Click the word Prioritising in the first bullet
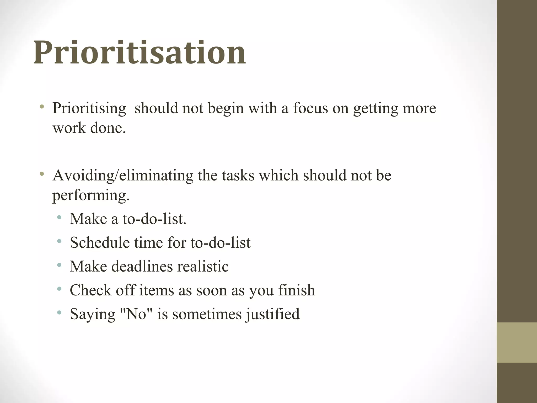click(x=89, y=108)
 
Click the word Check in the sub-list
click(x=90, y=290)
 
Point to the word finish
click(x=297, y=290)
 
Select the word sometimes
click(x=207, y=314)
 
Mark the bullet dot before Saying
click(x=59, y=312)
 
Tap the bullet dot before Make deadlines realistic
click(x=59, y=265)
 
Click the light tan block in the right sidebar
click(x=517, y=342)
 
